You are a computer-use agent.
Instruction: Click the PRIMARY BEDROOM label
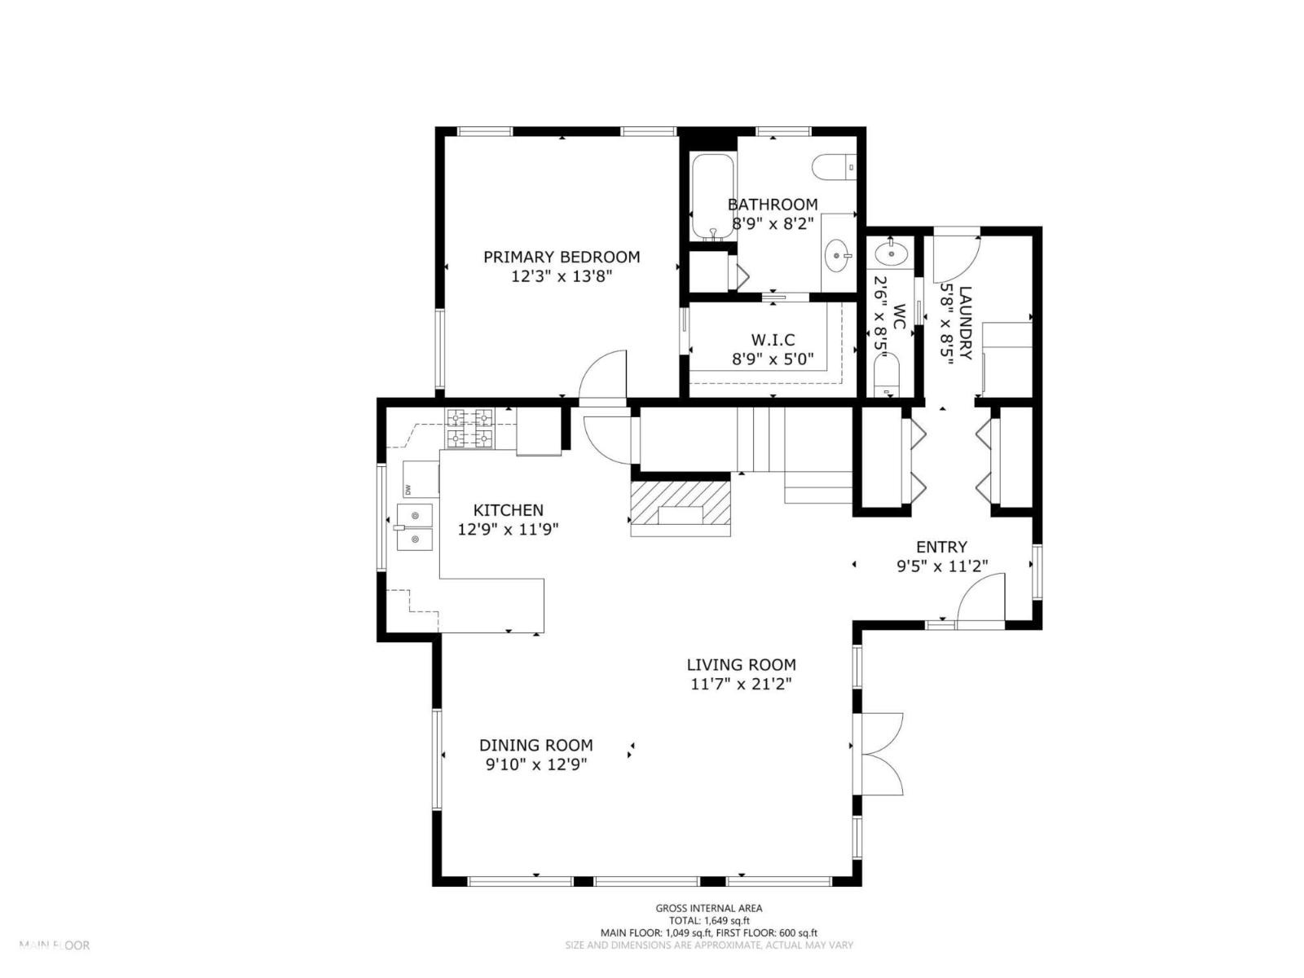(x=562, y=257)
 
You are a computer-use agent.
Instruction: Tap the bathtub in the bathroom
(x=712, y=196)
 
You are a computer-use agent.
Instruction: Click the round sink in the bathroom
(x=837, y=256)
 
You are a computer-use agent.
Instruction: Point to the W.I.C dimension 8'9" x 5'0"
(x=773, y=359)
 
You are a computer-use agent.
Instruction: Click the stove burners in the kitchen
(x=469, y=429)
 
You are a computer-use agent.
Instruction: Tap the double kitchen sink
(x=415, y=527)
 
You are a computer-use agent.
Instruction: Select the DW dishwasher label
(x=407, y=490)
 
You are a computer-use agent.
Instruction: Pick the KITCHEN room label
(x=509, y=510)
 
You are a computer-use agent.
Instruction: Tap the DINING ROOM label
(x=535, y=745)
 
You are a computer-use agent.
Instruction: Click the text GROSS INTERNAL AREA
(x=709, y=908)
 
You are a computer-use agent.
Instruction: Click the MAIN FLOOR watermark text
(x=55, y=945)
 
